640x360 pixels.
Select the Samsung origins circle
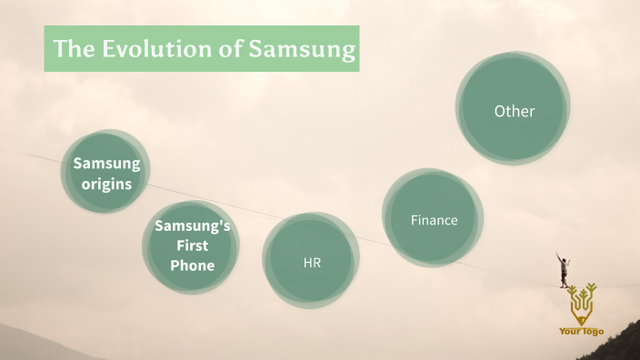[x=105, y=173]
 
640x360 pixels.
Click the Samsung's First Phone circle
[x=191, y=246]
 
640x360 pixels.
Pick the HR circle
[x=311, y=261]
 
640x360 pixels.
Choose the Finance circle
[x=433, y=219]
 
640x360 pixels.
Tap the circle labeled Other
[x=514, y=110]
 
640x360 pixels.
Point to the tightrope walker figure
[x=565, y=270]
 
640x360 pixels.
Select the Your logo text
[x=582, y=332]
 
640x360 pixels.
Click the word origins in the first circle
[x=107, y=184]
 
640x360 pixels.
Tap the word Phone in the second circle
[x=192, y=265]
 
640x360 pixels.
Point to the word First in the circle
[x=192, y=245]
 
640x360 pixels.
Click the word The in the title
[x=70, y=49]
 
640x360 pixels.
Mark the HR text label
[x=312, y=263]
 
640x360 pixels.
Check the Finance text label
[x=434, y=220]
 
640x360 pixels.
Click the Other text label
[x=514, y=111]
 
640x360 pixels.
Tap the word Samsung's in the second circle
[x=192, y=226]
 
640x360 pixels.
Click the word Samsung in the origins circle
[x=107, y=164]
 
